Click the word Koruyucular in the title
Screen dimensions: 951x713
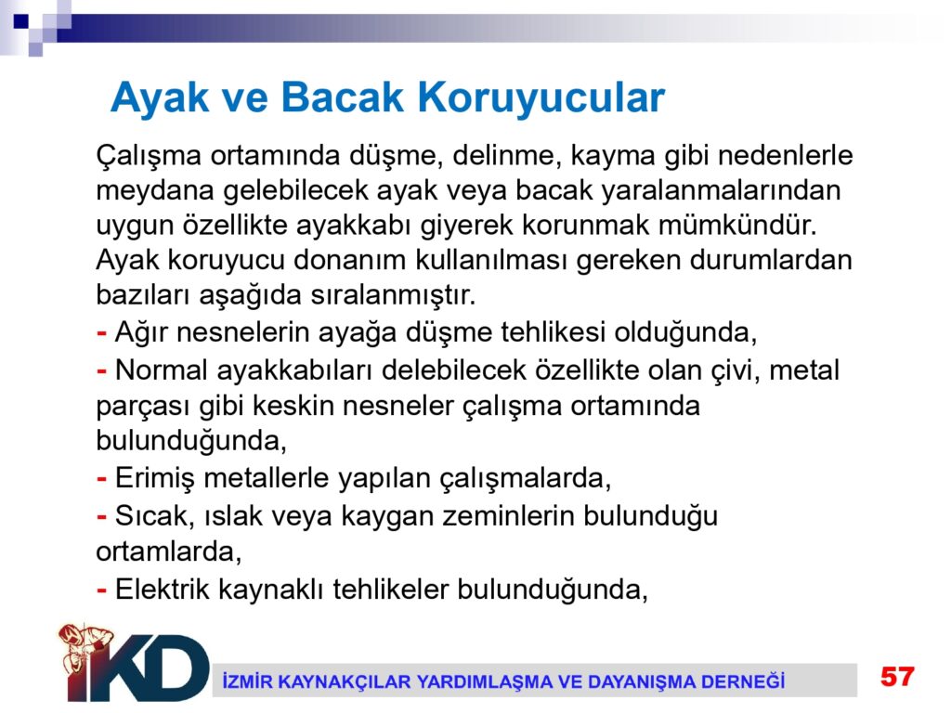point(541,97)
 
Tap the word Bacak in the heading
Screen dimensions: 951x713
point(342,97)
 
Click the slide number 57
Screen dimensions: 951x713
point(897,677)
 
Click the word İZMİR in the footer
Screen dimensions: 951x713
point(244,681)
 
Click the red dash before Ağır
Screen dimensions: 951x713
point(102,332)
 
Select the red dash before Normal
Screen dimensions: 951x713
point(102,370)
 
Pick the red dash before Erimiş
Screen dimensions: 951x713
point(102,478)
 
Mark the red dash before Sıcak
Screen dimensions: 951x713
point(102,516)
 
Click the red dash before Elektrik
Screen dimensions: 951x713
point(102,590)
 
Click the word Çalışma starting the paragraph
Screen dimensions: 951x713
point(149,156)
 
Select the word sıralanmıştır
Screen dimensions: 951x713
point(393,295)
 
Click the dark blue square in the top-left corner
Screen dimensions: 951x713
point(21,21)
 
